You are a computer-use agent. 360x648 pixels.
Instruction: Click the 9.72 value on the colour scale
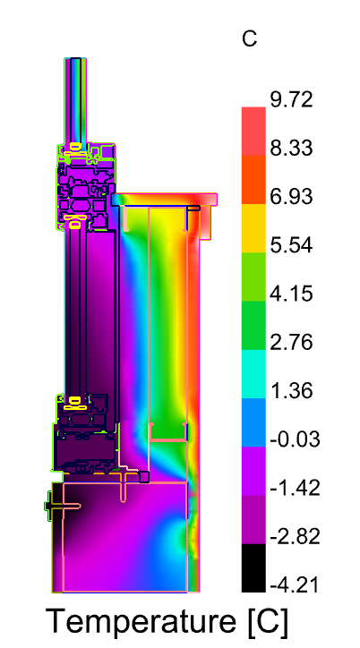pyautogui.click(x=291, y=100)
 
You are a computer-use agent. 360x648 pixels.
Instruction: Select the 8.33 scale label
pyautogui.click(x=291, y=149)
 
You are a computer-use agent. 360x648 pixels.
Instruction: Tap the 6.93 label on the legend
pyautogui.click(x=291, y=197)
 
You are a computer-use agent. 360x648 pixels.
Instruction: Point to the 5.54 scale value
pyautogui.click(x=291, y=245)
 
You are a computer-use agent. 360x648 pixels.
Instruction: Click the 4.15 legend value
pyautogui.click(x=291, y=294)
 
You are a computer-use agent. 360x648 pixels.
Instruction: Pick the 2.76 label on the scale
pyautogui.click(x=291, y=343)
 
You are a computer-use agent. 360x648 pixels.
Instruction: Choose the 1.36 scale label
pyautogui.click(x=291, y=391)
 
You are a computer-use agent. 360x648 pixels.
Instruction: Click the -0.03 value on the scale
pyautogui.click(x=295, y=439)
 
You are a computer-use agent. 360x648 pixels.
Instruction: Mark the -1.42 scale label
pyautogui.click(x=295, y=488)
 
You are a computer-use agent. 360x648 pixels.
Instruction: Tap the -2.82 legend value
pyautogui.click(x=295, y=536)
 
